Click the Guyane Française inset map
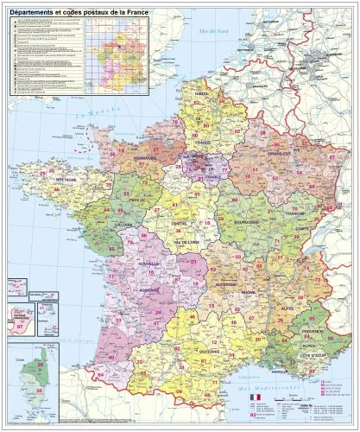(16, 320)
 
